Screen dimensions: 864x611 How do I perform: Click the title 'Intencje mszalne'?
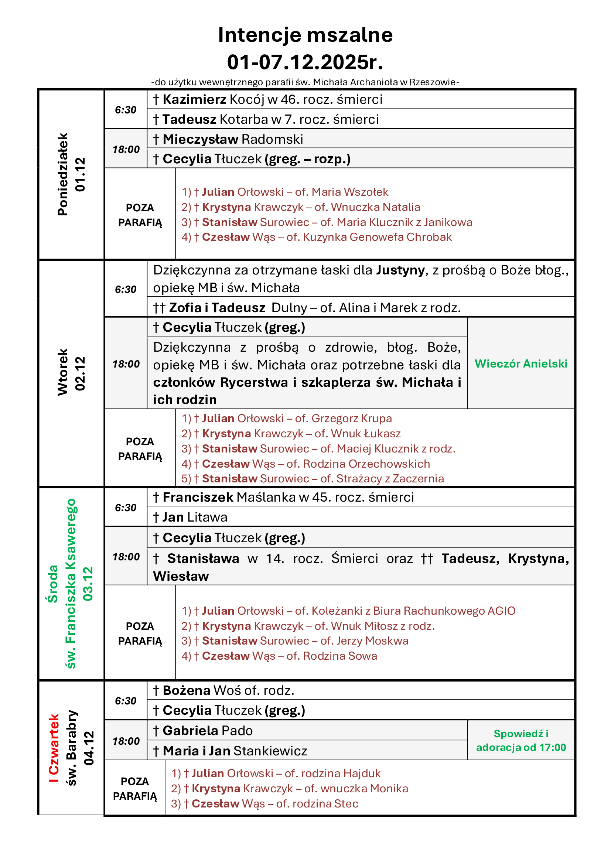point(305,35)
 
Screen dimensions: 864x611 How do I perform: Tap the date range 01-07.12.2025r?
point(305,62)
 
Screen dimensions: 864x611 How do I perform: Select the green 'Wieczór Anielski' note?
point(521,363)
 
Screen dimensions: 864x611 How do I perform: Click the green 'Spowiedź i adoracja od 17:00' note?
point(521,740)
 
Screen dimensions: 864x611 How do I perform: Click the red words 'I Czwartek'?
point(54,748)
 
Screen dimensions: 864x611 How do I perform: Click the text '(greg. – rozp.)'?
point(307,159)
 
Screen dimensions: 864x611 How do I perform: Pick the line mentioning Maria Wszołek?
point(285,192)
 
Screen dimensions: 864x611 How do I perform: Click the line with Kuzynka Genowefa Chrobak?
point(317,237)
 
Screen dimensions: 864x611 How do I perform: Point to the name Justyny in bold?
point(400,270)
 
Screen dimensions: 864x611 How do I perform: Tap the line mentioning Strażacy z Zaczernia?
point(312,479)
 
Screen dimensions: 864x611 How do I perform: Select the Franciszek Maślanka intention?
point(283,497)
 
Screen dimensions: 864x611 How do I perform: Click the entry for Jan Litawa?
point(190,517)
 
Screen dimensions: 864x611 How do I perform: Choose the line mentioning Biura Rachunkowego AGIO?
point(348,611)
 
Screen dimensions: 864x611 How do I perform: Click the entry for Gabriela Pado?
point(203,730)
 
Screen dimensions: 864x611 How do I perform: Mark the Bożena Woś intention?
point(223,690)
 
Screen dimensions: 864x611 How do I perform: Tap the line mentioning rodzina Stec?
point(264,803)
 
